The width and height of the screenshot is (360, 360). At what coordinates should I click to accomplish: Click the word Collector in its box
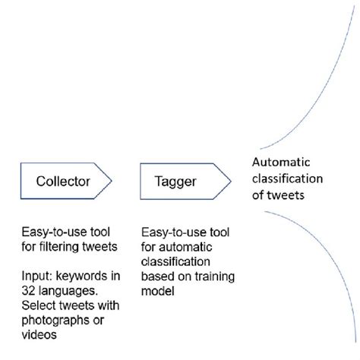pos(63,182)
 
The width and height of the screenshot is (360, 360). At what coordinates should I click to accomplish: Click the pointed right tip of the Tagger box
pos(230,182)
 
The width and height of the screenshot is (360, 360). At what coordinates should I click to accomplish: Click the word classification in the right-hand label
pos(288,178)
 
